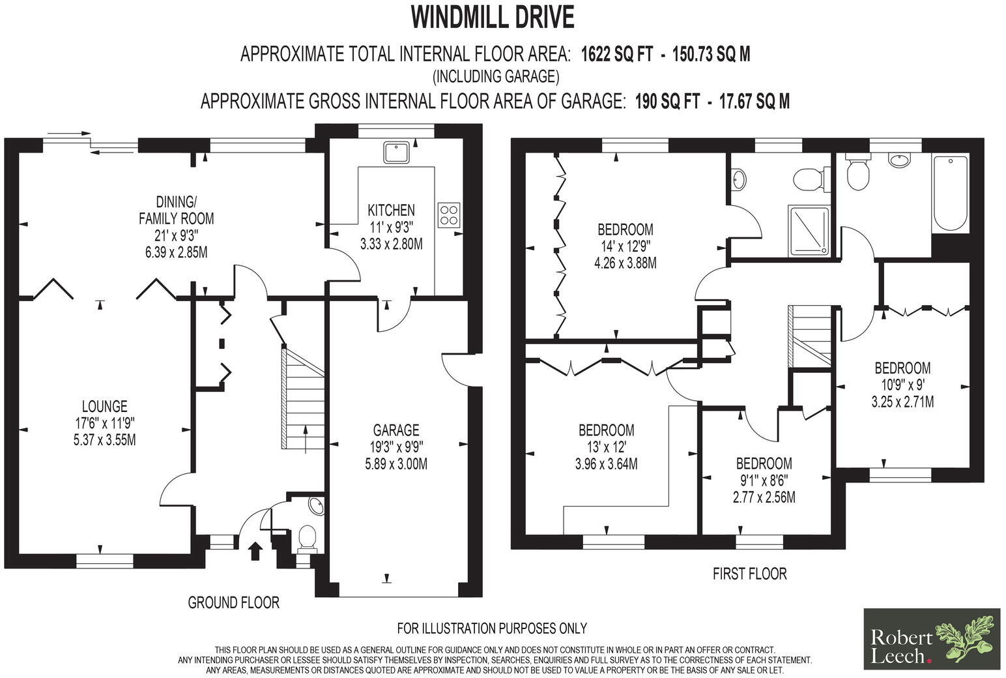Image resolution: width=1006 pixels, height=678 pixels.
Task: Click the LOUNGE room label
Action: coord(104,406)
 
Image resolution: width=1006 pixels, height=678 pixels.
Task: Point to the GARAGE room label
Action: coord(395,430)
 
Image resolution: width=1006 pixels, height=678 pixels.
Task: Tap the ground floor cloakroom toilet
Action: coord(306,538)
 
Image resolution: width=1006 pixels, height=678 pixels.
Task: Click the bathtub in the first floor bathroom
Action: coord(949,194)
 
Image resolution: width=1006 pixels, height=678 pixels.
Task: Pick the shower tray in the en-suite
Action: coord(810,229)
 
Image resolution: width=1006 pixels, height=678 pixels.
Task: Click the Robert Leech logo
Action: coord(931,639)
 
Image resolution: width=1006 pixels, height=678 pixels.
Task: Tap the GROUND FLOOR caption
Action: coord(233,602)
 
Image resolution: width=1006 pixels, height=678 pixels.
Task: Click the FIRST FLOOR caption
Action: coord(749,574)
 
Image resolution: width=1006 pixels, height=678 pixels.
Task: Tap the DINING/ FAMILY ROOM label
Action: coord(176,210)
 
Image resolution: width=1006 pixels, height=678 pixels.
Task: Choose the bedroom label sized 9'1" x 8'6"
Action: coord(764,464)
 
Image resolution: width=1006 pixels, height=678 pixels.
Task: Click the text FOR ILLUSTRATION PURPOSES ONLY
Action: coord(492,628)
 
